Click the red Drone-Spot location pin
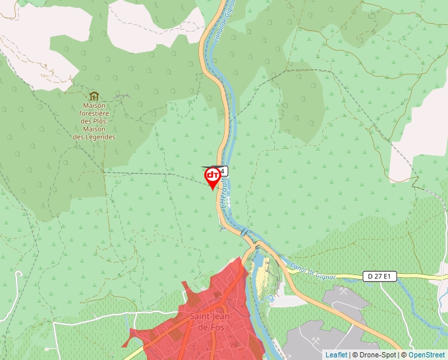[x=213, y=176]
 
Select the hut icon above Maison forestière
[x=94, y=97]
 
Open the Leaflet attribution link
[x=337, y=355]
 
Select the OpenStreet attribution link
[x=428, y=355]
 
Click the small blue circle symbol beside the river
[x=269, y=297]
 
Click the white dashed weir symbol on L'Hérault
[x=244, y=232]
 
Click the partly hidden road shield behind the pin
[x=223, y=170]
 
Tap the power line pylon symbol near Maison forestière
[x=123, y=97]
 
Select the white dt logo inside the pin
[x=213, y=175]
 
